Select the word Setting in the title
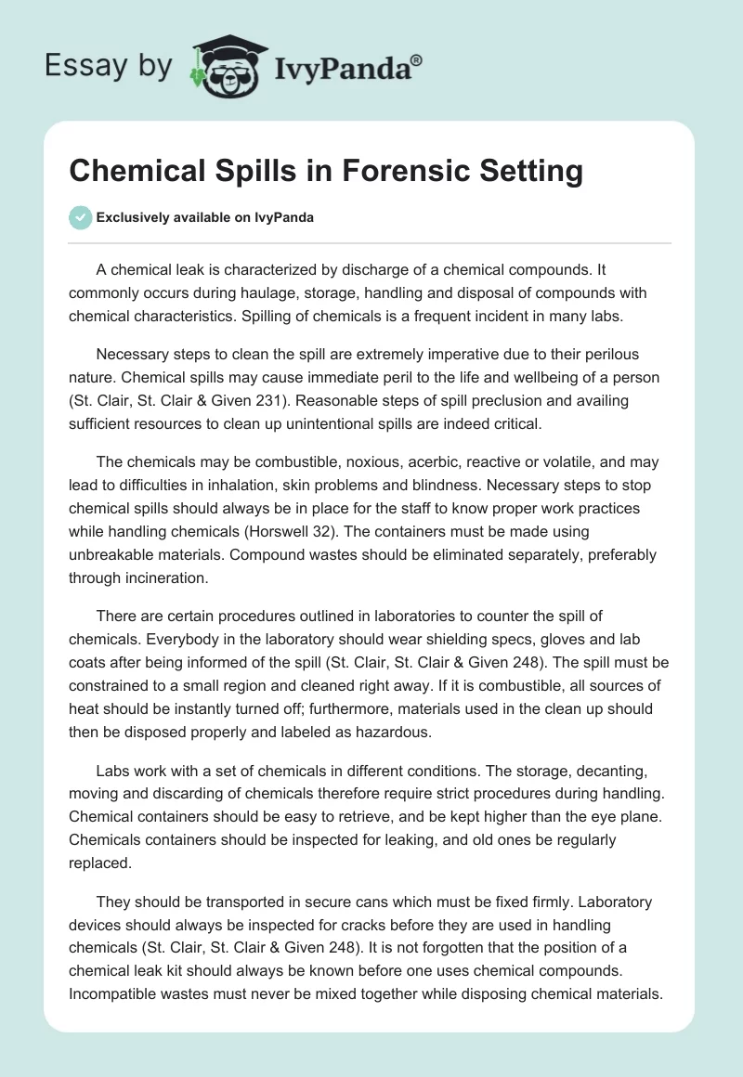pyautogui.click(x=530, y=172)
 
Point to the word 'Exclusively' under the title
pyautogui.click(x=132, y=218)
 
